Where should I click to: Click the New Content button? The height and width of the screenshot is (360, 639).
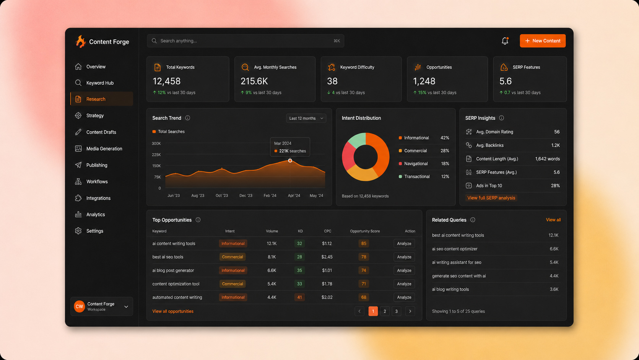pyautogui.click(x=542, y=41)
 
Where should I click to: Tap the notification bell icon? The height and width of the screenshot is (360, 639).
pyautogui.click(x=505, y=41)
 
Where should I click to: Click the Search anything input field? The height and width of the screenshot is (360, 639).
pyautogui.click(x=246, y=41)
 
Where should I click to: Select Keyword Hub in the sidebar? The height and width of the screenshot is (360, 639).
pyautogui.click(x=100, y=83)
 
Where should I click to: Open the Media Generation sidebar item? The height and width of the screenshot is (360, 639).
pyautogui.click(x=104, y=148)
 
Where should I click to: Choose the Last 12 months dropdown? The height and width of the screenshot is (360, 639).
pyautogui.click(x=306, y=118)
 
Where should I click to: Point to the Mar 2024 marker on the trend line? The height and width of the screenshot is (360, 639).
pyautogui.click(x=290, y=161)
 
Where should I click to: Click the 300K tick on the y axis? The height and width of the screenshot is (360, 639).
pyautogui.click(x=156, y=143)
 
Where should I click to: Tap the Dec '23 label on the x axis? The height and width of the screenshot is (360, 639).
pyautogui.click(x=246, y=195)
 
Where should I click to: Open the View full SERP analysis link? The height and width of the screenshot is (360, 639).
pyautogui.click(x=491, y=198)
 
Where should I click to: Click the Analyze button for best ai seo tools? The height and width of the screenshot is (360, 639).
pyautogui.click(x=404, y=257)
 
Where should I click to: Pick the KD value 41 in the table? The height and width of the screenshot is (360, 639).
pyautogui.click(x=299, y=297)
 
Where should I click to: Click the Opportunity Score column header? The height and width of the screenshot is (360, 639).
pyautogui.click(x=364, y=231)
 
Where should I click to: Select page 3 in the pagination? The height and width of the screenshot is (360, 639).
pyautogui.click(x=396, y=311)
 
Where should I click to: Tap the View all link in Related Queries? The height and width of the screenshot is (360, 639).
pyautogui.click(x=553, y=220)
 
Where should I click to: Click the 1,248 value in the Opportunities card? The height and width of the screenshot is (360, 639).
pyautogui.click(x=424, y=81)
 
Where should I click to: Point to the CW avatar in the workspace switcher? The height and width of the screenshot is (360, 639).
pyautogui.click(x=79, y=306)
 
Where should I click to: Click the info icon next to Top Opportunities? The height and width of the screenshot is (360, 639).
pyautogui.click(x=198, y=220)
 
